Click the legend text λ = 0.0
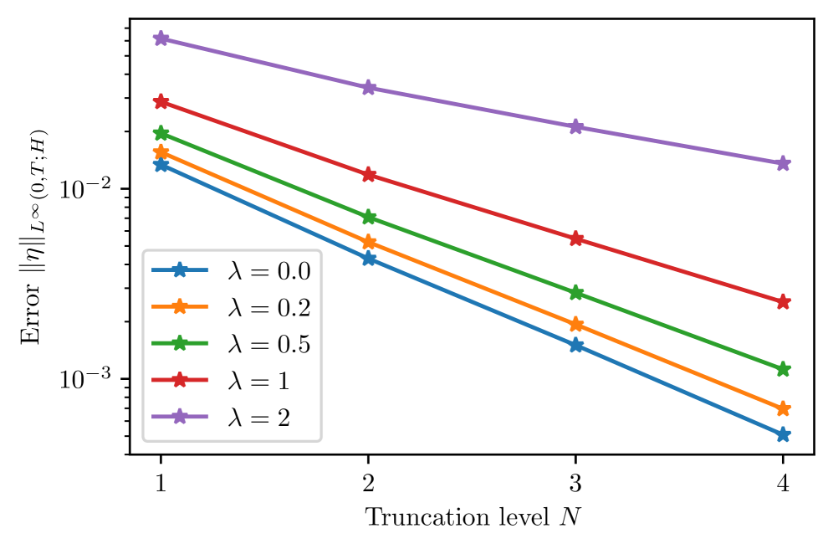click(268, 271)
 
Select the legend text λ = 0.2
click(268, 308)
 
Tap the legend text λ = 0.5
click(268, 344)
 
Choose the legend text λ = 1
click(258, 381)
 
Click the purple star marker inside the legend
click(179, 417)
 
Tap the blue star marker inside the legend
click(179, 270)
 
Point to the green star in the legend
click(179, 343)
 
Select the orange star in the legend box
click(179, 307)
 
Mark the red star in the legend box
click(179, 380)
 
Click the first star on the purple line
click(161, 38)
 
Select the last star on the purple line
click(783, 163)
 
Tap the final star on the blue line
click(783, 434)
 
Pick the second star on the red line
click(369, 175)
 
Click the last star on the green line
click(783, 369)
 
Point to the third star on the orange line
click(576, 324)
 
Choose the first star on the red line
click(161, 102)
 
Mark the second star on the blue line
click(369, 259)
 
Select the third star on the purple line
click(576, 127)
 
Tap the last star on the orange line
click(783, 408)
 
